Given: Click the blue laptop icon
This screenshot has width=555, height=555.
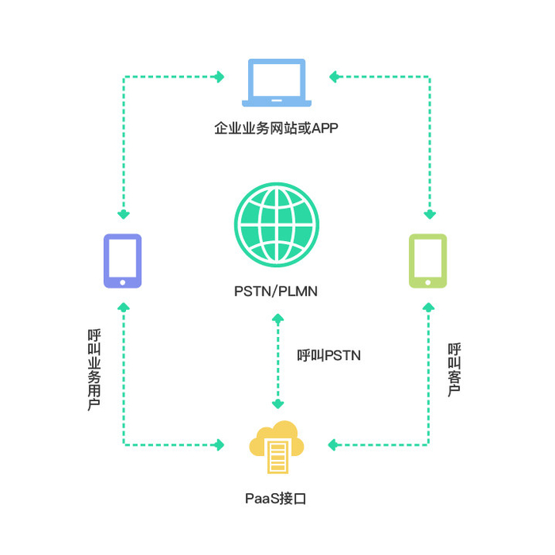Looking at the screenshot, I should (x=276, y=82).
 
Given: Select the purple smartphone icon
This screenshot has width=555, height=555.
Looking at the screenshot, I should (x=123, y=260).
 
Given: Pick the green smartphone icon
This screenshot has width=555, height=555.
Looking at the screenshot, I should (x=427, y=260).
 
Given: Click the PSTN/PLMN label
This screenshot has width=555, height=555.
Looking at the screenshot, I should (x=276, y=291).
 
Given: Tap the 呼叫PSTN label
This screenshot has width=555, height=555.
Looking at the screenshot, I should (x=329, y=355).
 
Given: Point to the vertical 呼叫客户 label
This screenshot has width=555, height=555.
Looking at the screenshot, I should (x=454, y=369).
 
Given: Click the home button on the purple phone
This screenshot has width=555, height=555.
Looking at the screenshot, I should (x=123, y=281).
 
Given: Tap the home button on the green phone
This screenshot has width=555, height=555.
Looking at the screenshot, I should (x=427, y=281).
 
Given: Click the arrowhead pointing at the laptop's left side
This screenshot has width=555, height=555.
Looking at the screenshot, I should (x=220, y=77).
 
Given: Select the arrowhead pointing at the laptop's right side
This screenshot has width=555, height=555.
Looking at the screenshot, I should (x=335, y=77).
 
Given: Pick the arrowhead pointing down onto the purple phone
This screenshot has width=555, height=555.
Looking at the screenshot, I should (x=123, y=214).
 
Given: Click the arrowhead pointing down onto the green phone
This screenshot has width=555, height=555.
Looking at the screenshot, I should (x=428, y=214).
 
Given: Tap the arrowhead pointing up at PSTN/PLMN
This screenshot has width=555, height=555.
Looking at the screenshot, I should (x=277, y=319).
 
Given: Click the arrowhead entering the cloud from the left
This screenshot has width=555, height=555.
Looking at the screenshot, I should (x=220, y=445).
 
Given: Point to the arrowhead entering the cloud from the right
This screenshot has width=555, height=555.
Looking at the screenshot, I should (x=334, y=445).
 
